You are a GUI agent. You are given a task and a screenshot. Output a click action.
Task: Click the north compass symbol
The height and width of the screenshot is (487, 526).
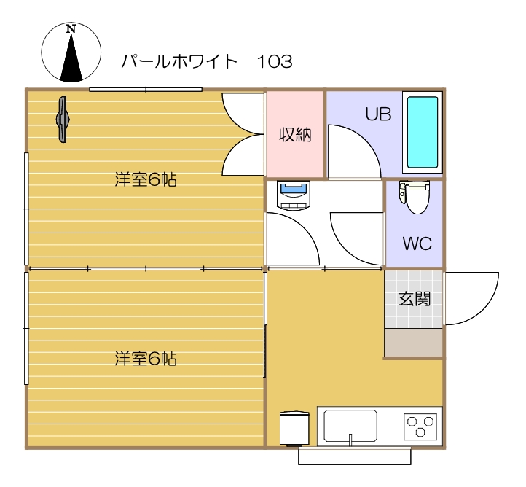pyautogui.click(x=71, y=52)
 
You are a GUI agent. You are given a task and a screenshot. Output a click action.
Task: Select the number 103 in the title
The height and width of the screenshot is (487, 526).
pyautogui.click(x=275, y=61)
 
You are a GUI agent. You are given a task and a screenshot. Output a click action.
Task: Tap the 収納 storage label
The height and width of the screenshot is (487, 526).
pyautogui.click(x=294, y=134)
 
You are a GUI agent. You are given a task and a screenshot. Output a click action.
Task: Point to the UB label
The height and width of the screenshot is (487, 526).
pyautogui.click(x=378, y=114)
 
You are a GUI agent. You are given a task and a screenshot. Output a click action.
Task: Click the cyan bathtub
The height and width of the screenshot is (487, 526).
pyautogui.click(x=422, y=133)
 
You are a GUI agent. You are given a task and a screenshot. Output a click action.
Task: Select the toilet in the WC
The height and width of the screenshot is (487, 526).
pyautogui.click(x=417, y=198)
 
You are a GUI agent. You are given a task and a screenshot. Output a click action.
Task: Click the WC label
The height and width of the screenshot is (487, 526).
pyautogui.click(x=417, y=243)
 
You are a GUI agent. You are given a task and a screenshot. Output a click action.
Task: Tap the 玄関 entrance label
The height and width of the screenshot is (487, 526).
pyautogui.click(x=413, y=298)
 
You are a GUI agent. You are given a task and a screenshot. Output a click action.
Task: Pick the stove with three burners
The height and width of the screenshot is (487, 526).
pyautogui.click(x=420, y=425)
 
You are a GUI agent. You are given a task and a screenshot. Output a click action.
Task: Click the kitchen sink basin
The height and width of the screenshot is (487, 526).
pyautogui.click(x=350, y=424)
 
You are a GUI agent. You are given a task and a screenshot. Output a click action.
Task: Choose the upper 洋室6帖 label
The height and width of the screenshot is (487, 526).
pyautogui.click(x=146, y=179)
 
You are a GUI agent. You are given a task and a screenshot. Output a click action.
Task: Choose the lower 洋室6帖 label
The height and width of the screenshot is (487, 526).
pyautogui.click(x=146, y=359)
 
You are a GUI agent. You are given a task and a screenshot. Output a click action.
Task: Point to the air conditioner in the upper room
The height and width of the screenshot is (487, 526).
pyautogui.click(x=63, y=118)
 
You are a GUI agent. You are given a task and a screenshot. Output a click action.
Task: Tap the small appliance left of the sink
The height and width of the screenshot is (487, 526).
pyautogui.click(x=294, y=428)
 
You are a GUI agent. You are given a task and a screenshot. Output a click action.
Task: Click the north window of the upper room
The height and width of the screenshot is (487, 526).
pyautogui.click(x=146, y=90)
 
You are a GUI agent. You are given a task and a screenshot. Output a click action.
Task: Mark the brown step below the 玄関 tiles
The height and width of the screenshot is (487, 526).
pyautogui.click(x=413, y=343)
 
